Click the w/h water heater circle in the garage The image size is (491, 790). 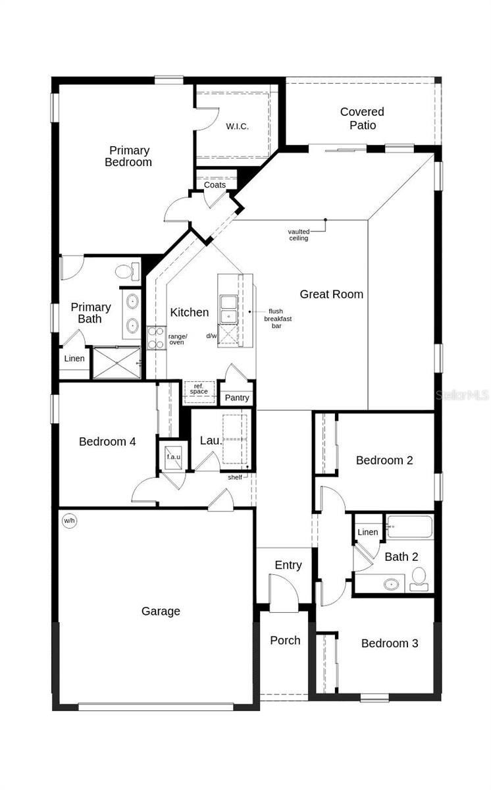click(x=69, y=521)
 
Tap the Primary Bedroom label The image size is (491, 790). click(x=129, y=156)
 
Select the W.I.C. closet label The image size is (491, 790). click(x=237, y=126)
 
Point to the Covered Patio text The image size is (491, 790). click(x=362, y=118)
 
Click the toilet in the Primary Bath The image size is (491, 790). click(x=128, y=271)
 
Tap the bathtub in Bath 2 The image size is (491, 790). click(x=409, y=527)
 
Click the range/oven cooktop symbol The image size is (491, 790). click(x=156, y=338)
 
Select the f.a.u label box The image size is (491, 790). click(x=173, y=456)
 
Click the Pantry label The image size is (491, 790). click(x=237, y=398)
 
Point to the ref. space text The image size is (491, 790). click(x=199, y=389)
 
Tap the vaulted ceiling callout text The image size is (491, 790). click(x=299, y=234)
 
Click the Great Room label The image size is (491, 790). click(x=332, y=294)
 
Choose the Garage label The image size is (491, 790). click(x=161, y=611)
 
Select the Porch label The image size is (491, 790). click(x=285, y=640)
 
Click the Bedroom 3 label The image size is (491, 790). click(x=390, y=643)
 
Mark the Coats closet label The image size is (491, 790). click(x=215, y=185)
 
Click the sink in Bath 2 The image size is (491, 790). click(x=393, y=583)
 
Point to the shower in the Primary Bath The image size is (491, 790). click(x=116, y=363)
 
